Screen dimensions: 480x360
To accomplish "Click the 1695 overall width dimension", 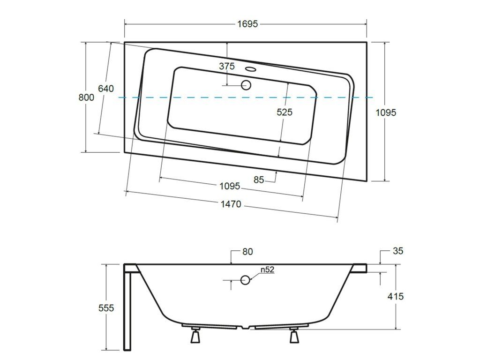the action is [247, 24].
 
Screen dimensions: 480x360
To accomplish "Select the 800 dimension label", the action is [86, 97].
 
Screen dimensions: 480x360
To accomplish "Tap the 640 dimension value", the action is [105, 89].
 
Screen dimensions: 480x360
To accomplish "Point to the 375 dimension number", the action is [227, 66].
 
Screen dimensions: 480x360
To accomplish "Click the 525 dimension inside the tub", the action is [285, 112].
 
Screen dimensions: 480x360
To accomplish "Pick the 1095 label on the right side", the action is [386, 112].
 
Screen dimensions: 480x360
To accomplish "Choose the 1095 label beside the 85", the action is [230, 186].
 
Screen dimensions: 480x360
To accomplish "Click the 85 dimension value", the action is [259, 180].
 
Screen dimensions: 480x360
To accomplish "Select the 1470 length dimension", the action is [231, 204].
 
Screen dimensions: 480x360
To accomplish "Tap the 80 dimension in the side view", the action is [247, 252].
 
